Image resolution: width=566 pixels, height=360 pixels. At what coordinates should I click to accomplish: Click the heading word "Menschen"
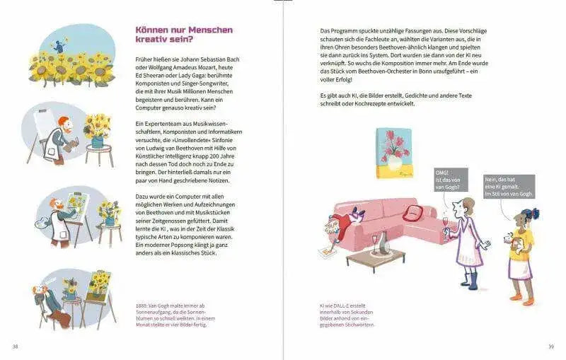[210, 30]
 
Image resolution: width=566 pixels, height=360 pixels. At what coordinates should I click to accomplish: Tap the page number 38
[15, 347]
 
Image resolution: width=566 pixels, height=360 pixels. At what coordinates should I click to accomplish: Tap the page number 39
[551, 347]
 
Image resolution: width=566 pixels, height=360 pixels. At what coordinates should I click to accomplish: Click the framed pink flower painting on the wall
[394, 153]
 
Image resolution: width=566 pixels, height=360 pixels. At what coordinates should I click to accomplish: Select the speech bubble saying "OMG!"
[451, 180]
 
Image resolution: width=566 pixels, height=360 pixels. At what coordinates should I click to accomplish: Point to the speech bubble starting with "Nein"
[509, 187]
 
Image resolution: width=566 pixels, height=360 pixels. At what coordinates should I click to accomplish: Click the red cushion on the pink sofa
[413, 213]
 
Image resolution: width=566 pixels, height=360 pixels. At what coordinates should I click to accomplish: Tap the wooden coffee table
[376, 259]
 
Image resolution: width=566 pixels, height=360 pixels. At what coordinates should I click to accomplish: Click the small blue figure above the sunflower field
[59, 45]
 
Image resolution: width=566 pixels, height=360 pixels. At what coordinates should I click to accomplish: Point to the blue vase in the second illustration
[97, 141]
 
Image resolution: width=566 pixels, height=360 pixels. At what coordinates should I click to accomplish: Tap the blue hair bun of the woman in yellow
[536, 212]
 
